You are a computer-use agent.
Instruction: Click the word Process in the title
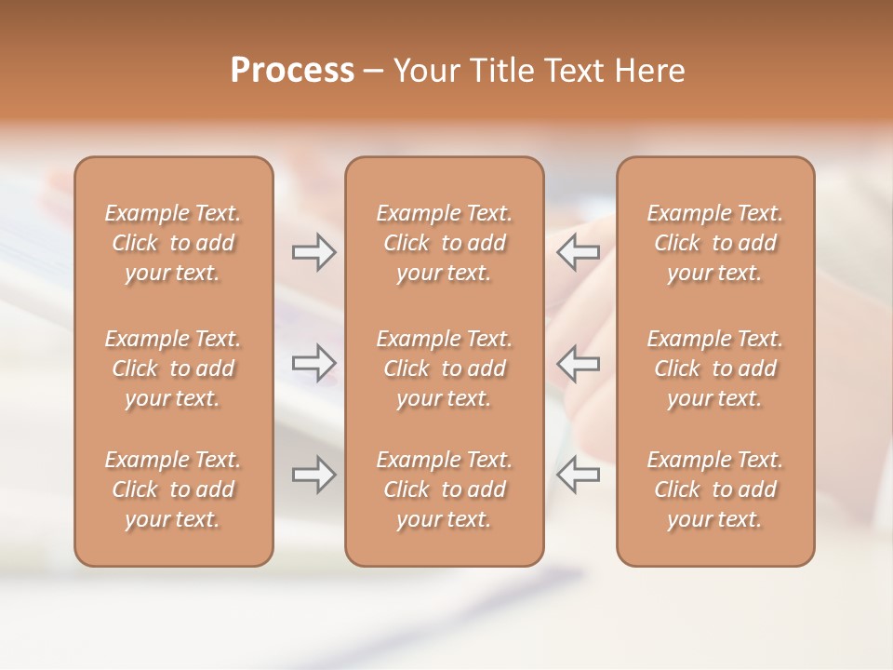[292, 71]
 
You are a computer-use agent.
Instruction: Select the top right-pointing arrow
[313, 252]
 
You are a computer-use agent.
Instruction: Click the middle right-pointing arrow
[313, 363]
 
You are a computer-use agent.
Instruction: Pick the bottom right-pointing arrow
[313, 475]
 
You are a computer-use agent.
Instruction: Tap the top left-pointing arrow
[578, 252]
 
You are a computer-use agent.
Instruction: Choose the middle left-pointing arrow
[578, 363]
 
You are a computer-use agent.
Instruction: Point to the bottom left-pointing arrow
[578, 475]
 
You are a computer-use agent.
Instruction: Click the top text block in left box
[173, 243]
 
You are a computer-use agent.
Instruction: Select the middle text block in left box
[173, 368]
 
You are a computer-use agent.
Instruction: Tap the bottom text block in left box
[173, 489]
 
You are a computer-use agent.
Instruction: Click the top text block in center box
[444, 243]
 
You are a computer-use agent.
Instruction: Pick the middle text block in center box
[444, 368]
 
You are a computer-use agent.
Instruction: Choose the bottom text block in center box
[444, 489]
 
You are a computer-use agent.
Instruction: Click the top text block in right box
[714, 243]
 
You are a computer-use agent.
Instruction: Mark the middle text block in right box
[714, 368]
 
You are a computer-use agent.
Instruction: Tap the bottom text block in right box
[714, 489]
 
